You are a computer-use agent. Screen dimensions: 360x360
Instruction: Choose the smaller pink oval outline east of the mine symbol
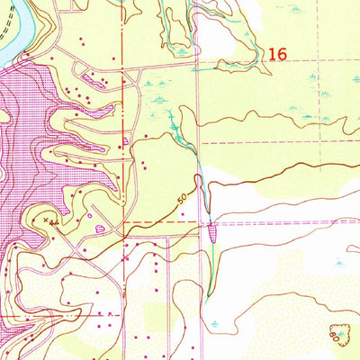pyautogui.click(x=92, y=215)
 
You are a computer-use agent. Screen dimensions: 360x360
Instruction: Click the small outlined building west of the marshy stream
pyautogui.click(x=126, y=142)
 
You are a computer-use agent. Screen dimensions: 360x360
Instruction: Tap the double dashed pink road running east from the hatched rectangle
pyautogui.click(x=288, y=221)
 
